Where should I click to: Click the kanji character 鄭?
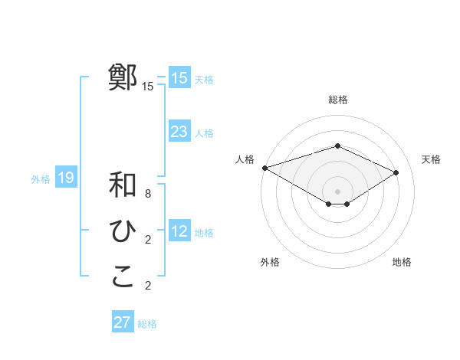(x=123, y=77)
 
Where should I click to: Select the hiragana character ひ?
(x=123, y=231)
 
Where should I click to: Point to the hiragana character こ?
(x=123, y=277)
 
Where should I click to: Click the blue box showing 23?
(x=179, y=131)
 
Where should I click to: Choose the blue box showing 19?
(x=66, y=178)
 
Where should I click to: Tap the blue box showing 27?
(x=123, y=322)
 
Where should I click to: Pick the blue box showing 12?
(x=179, y=231)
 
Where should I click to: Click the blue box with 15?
(x=179, y=77)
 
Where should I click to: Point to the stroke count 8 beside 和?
(x=148, y=194)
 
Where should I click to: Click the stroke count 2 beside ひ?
(x=148, y=240)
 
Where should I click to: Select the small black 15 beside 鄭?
(x=148, y=87)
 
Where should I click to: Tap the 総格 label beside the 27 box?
(x=147, y=324)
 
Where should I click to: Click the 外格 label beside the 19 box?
(x=41, y=179)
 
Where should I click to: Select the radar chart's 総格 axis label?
(x=337, y=100)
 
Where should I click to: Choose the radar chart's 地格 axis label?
(x=402, y=262)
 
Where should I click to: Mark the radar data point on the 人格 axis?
(x=264, y=167)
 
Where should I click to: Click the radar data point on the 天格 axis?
(x=396, y=172)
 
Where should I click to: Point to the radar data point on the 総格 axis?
(x=337, y=146)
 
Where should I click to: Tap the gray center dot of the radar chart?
(x=337, y=191)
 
